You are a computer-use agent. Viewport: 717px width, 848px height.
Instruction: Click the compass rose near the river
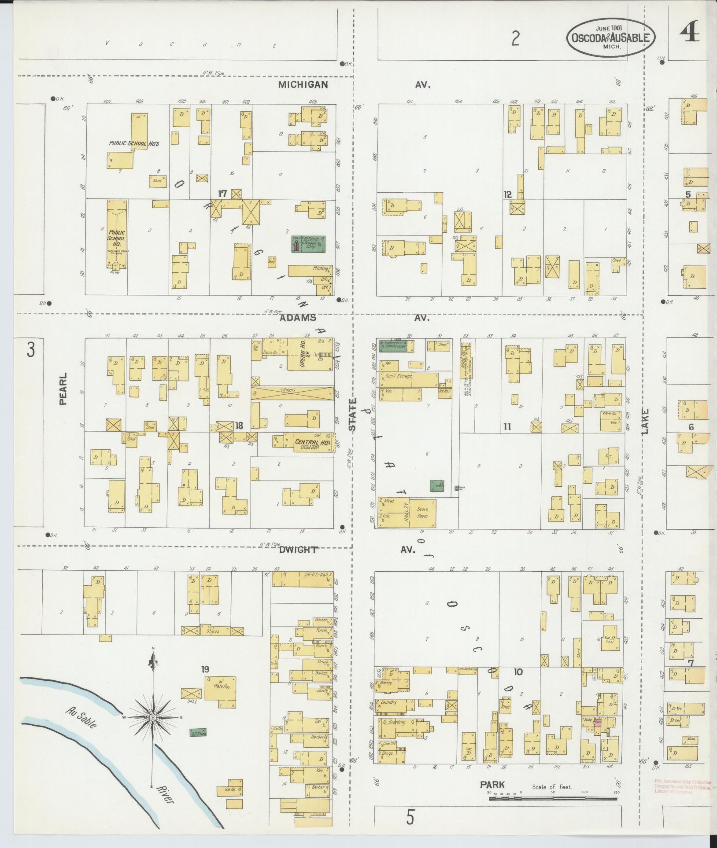pyautogui.click(x=153, y=717)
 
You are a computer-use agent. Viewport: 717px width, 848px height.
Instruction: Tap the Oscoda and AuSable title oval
pyautogui.click(x=611, y=38)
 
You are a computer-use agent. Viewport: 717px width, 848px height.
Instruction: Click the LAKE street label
pyautogui.click(x=646, y=421)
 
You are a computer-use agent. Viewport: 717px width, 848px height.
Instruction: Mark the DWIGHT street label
pyautogui.click(x=298, y=550)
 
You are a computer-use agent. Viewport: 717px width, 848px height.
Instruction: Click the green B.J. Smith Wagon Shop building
pyautogui.click(x=308, y=244)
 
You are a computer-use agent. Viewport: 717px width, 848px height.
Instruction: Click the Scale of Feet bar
pyautogui.click(x=553, y=797)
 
